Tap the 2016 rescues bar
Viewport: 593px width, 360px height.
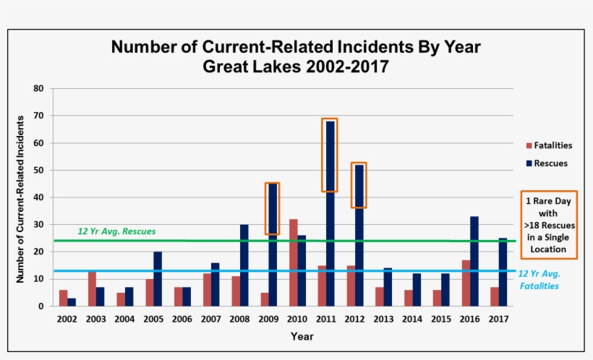pyautogui.click(x=474, y=261)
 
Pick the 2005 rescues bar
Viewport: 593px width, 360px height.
pyautogui.click(x=158, y=279)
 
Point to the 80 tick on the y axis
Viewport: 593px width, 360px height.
pyautogui.click(x=38, y=88)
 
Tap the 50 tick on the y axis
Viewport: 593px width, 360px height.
pyautogui.click(x=38, y=171)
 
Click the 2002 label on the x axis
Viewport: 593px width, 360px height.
pyautogui.click(x=67, y=318)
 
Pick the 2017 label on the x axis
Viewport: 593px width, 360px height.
pyautogui.click(x=498, y=318)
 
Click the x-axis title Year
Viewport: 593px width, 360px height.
pyautogui.click(x=302, y=336)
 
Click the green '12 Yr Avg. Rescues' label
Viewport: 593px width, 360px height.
pyautogui.click(x=116, y=231)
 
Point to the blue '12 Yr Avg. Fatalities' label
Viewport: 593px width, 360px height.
pyautogui.click(x=539, y=280)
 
